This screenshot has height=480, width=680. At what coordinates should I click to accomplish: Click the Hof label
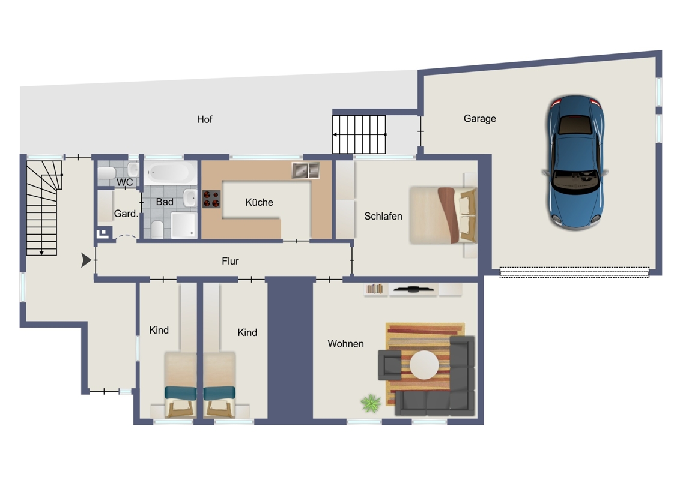click(x=205, y=119)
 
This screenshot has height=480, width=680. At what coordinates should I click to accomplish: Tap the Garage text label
click(x=479, y=119)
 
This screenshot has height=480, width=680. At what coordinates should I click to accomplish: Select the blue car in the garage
click(x=575, y=163)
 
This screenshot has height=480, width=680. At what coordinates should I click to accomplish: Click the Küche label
click(x=260, y=202)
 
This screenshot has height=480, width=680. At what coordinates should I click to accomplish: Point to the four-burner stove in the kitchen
click(x=211, y=199)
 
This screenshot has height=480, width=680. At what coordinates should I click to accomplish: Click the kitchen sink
click(x=306, y=170)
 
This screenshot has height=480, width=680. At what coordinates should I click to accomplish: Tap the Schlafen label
click(x=383, y=216)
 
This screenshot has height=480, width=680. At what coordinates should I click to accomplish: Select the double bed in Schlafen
click(x=443, y=215)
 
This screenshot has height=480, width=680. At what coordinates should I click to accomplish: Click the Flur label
click(x=230, y=261)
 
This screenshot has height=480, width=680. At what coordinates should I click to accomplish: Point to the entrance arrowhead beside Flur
click(x=86, y=260)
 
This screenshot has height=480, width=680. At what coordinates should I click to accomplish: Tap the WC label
click(x=125, y=182)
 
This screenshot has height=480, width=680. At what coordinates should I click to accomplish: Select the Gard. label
click(x=126, y=214)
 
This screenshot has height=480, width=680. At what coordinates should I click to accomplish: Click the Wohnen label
click(x=345, y=344)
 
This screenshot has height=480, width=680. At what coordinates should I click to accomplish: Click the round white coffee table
click(x=423, y=365)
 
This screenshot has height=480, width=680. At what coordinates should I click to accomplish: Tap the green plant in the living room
click(x=371, y=403)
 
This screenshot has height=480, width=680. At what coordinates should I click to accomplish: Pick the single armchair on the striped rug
click(x=389, y=365)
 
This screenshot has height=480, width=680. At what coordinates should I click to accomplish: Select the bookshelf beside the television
click(x=375, y=289)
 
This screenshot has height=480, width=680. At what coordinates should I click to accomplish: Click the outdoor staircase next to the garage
click(x=359, y=134)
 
